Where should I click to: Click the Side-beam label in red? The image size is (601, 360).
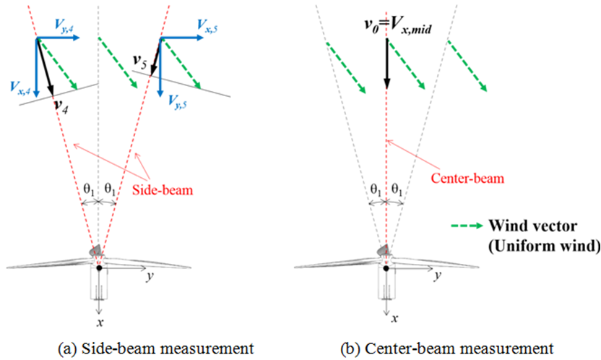tap(163, 190)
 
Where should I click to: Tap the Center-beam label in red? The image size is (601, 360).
tap(467, 179)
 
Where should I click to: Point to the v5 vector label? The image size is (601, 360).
tap(140, 61)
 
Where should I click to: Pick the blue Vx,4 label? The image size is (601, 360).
tap(21, 88)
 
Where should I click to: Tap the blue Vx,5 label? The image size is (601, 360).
tap(207, 25)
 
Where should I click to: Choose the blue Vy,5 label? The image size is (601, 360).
tap(178, 102)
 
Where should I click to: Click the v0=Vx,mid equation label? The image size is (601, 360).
tap(398, 26)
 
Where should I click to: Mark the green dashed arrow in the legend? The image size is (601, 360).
tap(467, 226)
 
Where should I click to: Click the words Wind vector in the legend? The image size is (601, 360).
tap(533, 226)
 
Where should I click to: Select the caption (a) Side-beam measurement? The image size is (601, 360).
tap(155, 349)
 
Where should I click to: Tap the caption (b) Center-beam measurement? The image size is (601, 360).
tap(447, 349)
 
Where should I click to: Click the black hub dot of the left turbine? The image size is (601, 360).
tap(99, 268)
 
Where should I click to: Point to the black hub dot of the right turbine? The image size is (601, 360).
tap(386, 268)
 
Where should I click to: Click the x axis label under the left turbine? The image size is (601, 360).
tap(100, 322)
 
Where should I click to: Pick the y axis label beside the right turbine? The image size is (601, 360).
tap(438, 275)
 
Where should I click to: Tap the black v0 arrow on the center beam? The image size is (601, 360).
tap(386, 64)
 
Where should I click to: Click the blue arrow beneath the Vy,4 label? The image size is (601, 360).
tap(58, 38)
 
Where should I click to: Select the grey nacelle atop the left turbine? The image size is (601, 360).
tap(96, 250)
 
